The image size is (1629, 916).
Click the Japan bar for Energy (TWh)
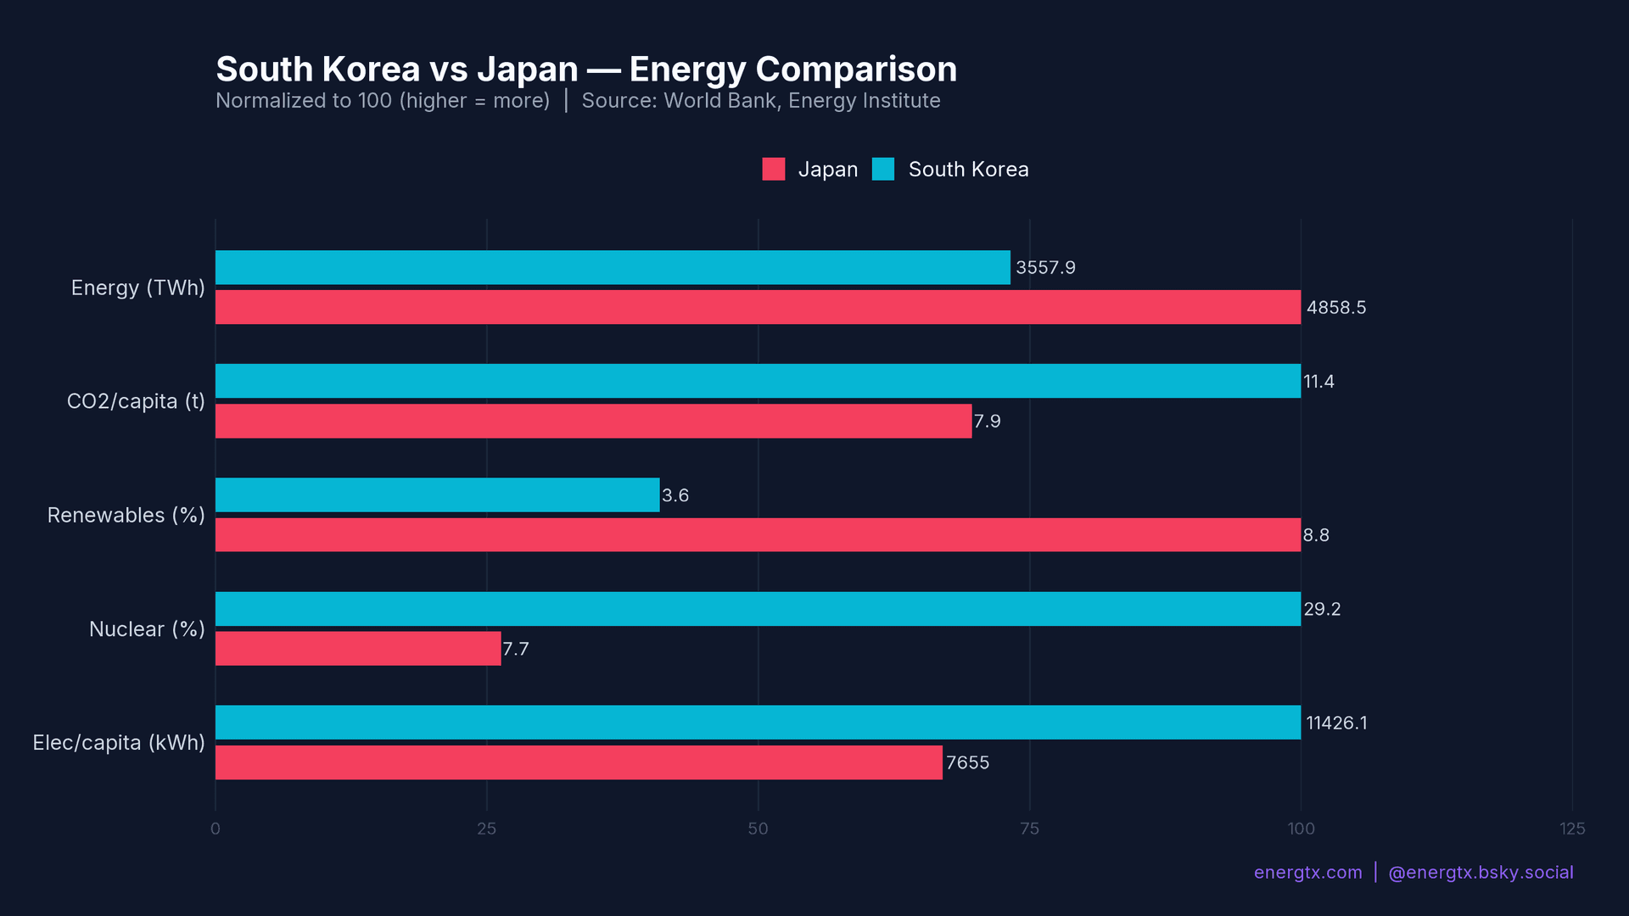[758, 307]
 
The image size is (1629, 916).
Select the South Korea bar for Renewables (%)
[437, 494]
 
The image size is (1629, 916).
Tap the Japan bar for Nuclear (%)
[358, 649]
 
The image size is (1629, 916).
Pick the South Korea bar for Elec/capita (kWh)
[758, 723]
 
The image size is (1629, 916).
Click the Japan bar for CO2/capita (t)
[594, 422]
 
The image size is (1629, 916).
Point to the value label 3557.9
[1045, 268]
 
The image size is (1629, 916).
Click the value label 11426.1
[1336, 723]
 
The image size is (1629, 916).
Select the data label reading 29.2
[1322, 610]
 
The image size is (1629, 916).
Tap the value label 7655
[967, 763]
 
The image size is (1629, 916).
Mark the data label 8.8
[1316, 536]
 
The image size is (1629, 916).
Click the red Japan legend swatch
[773, 169]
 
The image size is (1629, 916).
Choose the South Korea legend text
[968, 170]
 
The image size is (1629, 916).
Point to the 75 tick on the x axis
[1029, 829]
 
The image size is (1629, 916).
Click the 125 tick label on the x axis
[1571, 829]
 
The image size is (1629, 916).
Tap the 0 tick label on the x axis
[216, 829]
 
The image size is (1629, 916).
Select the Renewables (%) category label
[126, 516]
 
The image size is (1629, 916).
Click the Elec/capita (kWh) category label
[119, 743]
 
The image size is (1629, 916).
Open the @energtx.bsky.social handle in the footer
[1481, 873]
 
